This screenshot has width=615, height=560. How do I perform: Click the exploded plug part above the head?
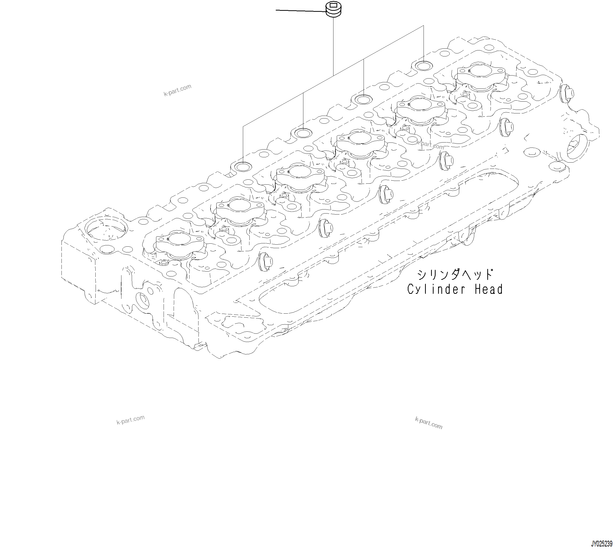(x=333, y=10)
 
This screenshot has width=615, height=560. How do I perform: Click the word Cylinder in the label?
(x=436, y=289)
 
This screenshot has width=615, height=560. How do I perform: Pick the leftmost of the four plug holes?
(x=243, y=167)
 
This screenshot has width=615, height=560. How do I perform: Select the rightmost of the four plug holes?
(x=424, y=65)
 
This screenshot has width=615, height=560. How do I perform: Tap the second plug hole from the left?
(x=303, y=133)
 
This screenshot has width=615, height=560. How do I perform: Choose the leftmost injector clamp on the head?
(x=180, y=242)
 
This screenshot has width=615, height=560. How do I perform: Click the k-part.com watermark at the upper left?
(x=178, y=90)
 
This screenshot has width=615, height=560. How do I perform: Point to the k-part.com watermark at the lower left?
(x=130, y=420)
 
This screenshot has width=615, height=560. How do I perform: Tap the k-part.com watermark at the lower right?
(x=429, y=423)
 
